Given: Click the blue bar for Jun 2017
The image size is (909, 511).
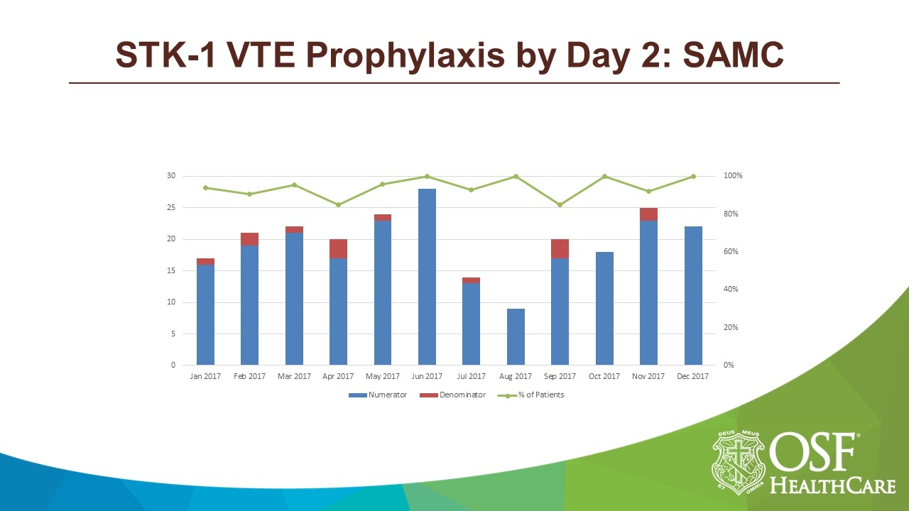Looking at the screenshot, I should tap(427, 277).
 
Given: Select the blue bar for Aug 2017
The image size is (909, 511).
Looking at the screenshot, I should tap(516, 337).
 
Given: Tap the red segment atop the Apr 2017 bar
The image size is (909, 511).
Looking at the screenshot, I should tap(338, 248).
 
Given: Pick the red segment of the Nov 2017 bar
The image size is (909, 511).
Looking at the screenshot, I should tap(648, 214).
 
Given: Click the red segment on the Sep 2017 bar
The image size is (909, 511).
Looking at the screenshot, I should tap(560, 248).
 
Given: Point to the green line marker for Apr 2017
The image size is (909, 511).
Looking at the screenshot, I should tap(338, 205).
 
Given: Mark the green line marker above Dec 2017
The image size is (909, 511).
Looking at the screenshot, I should tap(693, 177).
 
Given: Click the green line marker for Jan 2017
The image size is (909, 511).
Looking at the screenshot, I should tap(205, 188).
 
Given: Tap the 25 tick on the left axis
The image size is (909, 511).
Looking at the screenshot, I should tap(171, 208).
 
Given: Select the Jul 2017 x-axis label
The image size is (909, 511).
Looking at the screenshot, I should tap(471, 377).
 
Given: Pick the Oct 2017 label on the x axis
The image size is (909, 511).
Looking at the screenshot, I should tap(604, 377).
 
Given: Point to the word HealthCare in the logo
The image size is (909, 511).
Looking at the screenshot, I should tap(832, 485).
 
